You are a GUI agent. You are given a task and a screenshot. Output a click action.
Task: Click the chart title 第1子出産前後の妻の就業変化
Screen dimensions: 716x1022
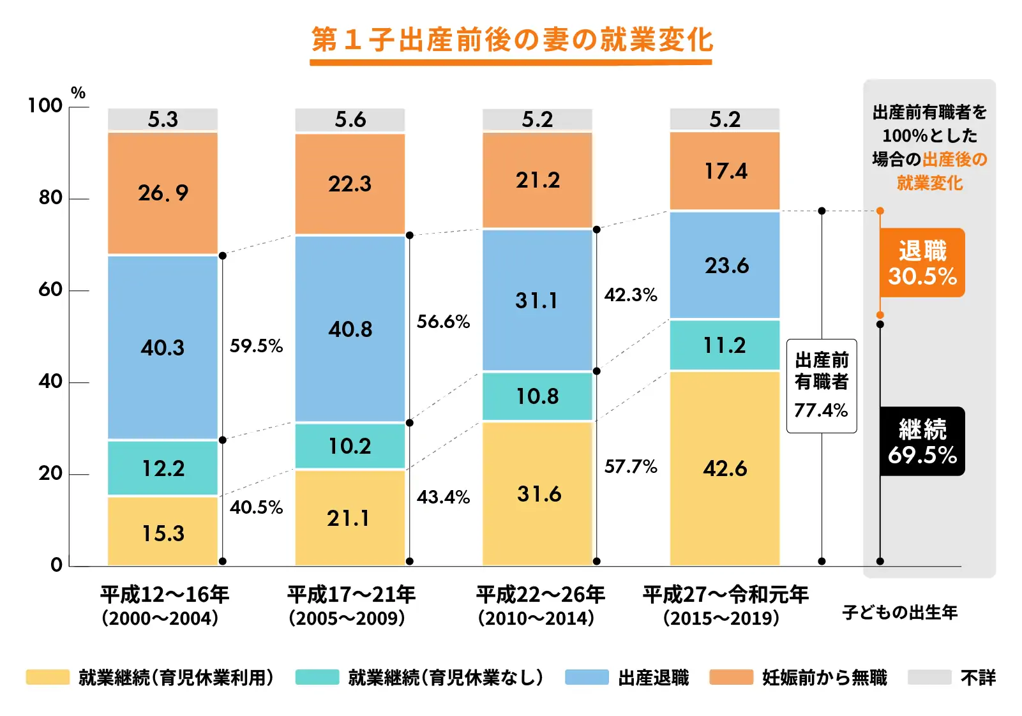(511, 40)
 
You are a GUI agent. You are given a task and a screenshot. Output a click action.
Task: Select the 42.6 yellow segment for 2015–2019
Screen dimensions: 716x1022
(725, 468)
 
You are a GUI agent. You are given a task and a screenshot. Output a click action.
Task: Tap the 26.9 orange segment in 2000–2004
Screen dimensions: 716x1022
(163, 193)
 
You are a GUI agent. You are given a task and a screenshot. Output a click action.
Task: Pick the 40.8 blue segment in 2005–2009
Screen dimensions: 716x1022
(350, 329)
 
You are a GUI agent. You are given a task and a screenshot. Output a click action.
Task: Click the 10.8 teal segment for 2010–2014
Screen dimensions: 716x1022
(537, 396)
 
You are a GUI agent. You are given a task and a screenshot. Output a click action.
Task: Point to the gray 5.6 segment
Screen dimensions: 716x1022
(350, 119)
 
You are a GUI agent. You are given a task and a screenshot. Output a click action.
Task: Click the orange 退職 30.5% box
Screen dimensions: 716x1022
(922, 263)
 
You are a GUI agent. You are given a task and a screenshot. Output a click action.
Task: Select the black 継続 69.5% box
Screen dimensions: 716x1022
(922, 442)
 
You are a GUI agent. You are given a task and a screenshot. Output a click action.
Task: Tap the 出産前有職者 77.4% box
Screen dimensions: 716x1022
(821, 385)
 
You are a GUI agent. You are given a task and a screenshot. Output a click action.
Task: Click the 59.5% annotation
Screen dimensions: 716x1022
(256, 346)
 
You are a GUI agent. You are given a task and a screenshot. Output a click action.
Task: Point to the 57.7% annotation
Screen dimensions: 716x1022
(631, 466)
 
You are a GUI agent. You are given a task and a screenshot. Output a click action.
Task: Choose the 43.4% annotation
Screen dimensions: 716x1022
(443, 497)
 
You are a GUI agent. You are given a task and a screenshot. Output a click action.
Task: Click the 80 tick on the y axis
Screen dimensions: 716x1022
(51, 198)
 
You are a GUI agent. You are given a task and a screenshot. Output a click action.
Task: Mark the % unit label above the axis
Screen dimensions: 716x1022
(78, 93)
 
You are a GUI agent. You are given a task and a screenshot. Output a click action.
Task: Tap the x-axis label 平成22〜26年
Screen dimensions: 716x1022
(540, 595)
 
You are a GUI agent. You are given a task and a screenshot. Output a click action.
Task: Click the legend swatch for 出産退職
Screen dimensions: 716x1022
(587, 677)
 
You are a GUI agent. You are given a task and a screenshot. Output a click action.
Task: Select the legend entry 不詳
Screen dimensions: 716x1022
(977, 677)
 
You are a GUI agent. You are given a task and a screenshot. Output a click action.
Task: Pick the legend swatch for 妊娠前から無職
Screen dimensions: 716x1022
(731, 677)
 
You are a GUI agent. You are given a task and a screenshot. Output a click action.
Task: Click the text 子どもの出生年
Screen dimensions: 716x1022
(899, 613)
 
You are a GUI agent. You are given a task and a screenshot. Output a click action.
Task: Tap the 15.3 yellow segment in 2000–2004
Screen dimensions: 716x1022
(163, 533)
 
